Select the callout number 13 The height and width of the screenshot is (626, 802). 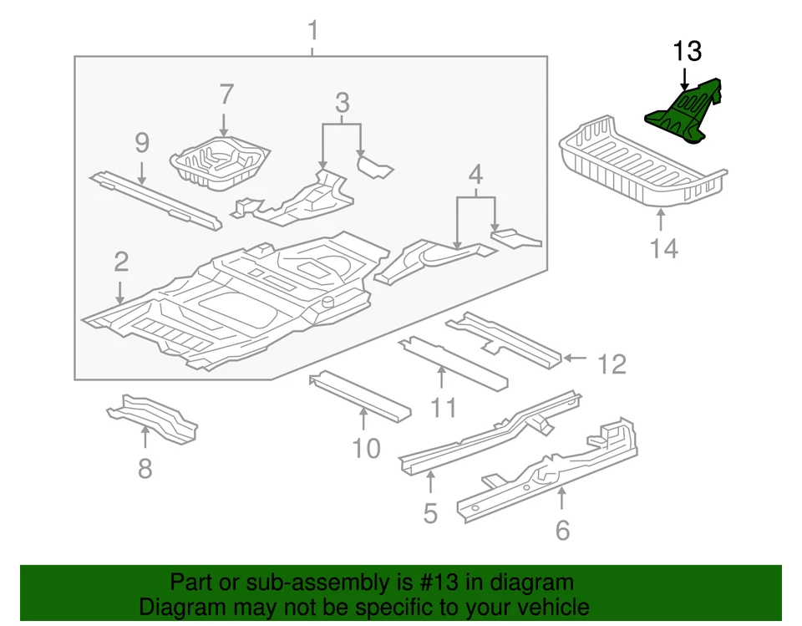(687, 52)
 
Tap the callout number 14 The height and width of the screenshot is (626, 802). (664, 248)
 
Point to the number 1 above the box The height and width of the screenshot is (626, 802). (313, 33)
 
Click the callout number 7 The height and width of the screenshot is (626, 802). (226, 94)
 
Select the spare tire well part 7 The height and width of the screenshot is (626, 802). (221, 161)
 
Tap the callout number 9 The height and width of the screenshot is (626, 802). (142, 143)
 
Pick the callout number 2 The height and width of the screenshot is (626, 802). (121, 262)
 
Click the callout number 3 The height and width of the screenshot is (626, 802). (343, 104)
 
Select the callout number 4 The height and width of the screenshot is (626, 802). (475, 176)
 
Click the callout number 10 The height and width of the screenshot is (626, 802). (366, 449)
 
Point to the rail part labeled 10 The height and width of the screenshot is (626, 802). (359, 396)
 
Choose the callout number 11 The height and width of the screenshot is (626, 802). (444, 407)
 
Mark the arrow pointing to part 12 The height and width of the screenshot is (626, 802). (575, 358)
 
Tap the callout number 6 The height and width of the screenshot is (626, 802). (562, 529)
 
